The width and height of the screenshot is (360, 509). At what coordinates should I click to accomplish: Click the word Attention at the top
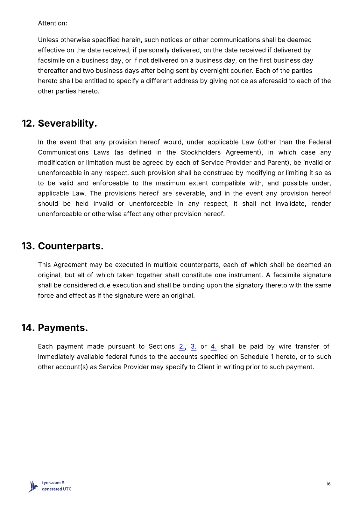click(x=52, y=23)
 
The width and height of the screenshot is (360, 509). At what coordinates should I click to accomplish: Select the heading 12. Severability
click(x=59, y=123)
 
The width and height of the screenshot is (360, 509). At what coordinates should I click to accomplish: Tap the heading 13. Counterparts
click(x=62, y=246)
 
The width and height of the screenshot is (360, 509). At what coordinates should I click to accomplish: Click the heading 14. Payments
click(x=54, y=328)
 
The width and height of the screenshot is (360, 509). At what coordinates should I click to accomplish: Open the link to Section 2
click(x=182, y=346)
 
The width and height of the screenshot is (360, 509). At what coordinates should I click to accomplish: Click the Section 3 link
click(x=193, y=346)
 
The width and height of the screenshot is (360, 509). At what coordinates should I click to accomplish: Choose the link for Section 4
click(x=214, y=346)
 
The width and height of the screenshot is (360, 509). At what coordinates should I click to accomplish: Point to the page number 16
click(x=328, y=484)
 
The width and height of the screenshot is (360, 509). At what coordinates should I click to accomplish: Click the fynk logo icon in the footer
click(x=33, y=486)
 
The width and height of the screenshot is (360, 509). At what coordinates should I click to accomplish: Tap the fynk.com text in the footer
click(x=51, y=483)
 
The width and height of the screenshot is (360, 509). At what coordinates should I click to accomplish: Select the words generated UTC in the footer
click(x=57, y=489)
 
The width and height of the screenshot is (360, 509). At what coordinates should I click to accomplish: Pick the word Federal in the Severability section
click(x=320, y=142)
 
